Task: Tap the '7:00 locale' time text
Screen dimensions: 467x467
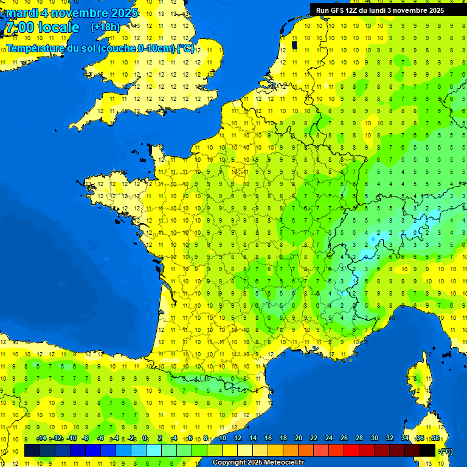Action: coord(43,27)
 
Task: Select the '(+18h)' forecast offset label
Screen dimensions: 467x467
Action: coord(105,27)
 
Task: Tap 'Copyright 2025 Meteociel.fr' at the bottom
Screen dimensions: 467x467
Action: coord(258,463)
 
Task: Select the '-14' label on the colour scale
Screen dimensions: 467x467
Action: coord(42,438)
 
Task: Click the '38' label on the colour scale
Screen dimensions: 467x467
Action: coord(435,438)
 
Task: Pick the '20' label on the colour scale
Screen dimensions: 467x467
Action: coord(298,438)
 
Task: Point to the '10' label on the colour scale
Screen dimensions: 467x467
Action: coord(222,438)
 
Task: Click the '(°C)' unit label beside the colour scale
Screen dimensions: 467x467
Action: coord(446,451)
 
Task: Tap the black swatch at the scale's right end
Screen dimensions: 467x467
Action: coord(427,450)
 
